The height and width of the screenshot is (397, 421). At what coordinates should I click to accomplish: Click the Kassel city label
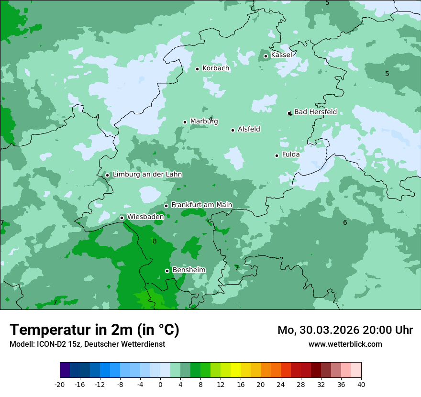pos(281,55)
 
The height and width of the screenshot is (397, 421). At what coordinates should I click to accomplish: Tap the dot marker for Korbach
pos(197,69)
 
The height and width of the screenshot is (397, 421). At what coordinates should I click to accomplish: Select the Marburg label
pos(204,121)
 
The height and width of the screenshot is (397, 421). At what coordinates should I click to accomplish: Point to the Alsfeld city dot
pos(233,130)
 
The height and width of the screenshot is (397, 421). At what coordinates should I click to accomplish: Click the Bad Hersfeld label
pos(315,112)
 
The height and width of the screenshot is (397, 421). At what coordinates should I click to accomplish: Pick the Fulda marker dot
pos(277,155)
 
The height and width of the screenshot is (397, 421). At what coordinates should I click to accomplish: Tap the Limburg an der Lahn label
pos(147,175)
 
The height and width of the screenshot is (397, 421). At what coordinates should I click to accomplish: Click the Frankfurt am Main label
pos(201,205)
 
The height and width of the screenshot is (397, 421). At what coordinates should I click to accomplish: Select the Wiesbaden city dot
pos(122,218)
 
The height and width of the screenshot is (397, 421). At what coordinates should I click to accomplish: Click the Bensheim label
pos(188,270)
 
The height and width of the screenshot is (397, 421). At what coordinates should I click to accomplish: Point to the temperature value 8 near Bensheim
pos(155,242)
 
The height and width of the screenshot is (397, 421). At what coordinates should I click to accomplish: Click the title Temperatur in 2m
pos(94,330)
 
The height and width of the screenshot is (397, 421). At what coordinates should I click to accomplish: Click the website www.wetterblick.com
pos(345,344)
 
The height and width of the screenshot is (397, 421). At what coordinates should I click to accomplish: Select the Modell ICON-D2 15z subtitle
pos(87,344)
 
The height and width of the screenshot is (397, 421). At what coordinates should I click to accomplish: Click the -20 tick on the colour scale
pos(60,385)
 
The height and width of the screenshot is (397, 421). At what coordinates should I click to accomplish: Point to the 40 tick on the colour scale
pos(361,385)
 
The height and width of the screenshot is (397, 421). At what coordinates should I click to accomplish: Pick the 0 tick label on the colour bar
pos(160,385)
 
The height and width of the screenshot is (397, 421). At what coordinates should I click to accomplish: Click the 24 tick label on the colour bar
pos(280,385)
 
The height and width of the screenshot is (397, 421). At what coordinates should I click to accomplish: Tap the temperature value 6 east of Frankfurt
pos(345,223)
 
